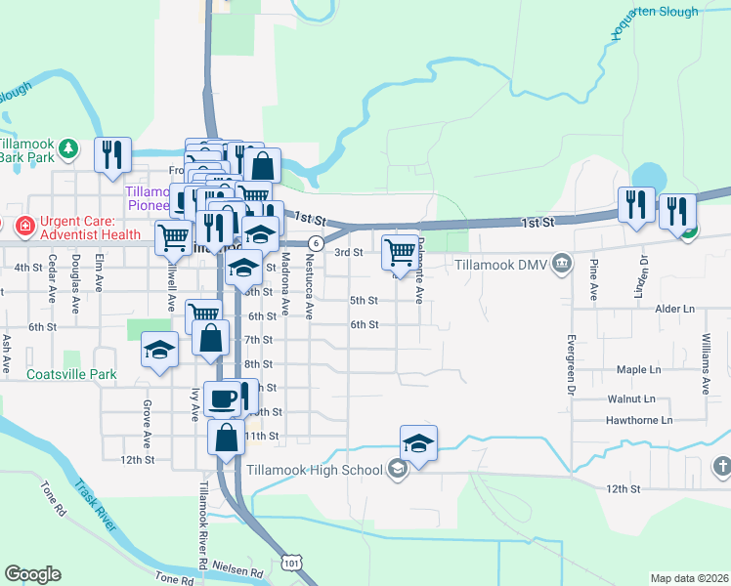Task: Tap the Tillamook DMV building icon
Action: (562, 262)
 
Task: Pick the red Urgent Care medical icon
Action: (22, 227)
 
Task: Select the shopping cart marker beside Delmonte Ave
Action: (400, 251)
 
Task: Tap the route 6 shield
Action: (316, 242)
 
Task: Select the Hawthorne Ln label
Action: (640, 420)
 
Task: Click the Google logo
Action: (32, 573)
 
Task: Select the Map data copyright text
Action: (688, 578)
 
